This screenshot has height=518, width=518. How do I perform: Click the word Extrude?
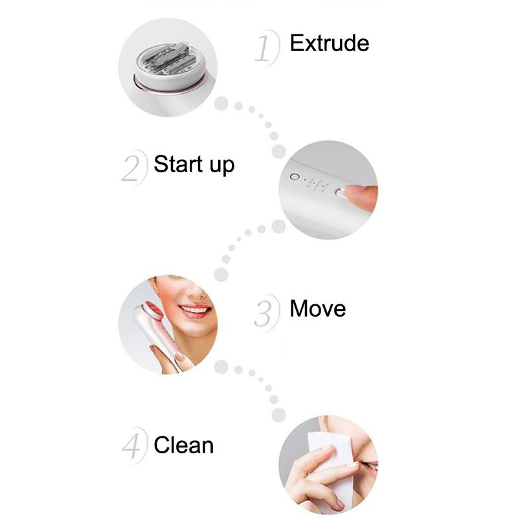tap(330, 43)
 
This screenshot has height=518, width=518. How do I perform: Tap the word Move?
tap(317, 309)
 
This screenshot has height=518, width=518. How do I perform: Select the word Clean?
tap(184, 445)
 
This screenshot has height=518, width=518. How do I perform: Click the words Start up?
tap(194, 164)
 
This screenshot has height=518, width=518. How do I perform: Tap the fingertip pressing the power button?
tap(359, 195)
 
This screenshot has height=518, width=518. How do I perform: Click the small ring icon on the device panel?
tap(294, 177)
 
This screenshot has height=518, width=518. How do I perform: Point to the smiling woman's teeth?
tap(195, 310)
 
